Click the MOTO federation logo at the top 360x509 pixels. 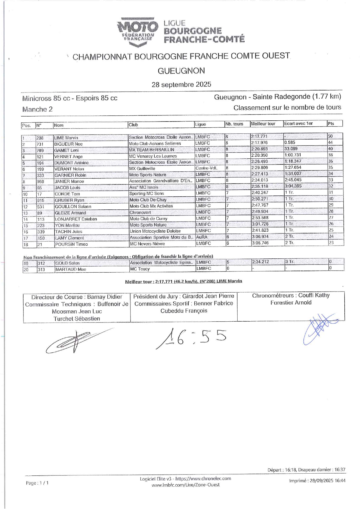(138, 31)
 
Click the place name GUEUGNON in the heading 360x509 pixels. (181, 71)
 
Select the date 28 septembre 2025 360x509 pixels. (181, 85)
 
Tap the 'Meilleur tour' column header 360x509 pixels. (263, 124)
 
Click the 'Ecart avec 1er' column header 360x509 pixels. (299, 124)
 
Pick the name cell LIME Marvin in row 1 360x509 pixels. (66, 138)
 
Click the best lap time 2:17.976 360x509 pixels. (259, 143)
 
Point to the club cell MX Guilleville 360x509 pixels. (142, 169)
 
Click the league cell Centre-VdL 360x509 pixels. (206, 168)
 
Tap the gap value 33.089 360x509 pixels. (291, 149)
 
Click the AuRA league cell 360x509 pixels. (202, 237)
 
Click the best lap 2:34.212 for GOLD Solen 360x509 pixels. (260, 262)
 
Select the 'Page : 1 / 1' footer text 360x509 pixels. (37, 483)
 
